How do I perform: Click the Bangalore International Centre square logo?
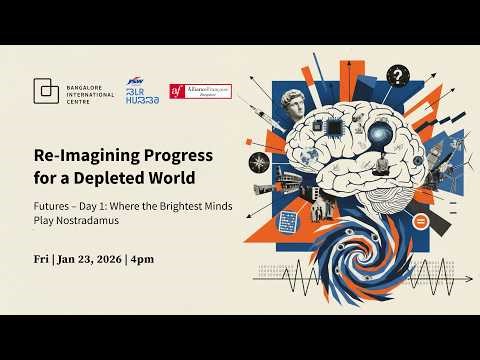(x=45, y=91)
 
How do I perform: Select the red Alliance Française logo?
(x=200, y=91)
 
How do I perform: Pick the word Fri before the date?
(x=41, y=259)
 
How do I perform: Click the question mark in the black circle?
(x=399, y=74)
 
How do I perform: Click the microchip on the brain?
(x=337, y=127)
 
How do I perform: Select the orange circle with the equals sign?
(x=421, y=219)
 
